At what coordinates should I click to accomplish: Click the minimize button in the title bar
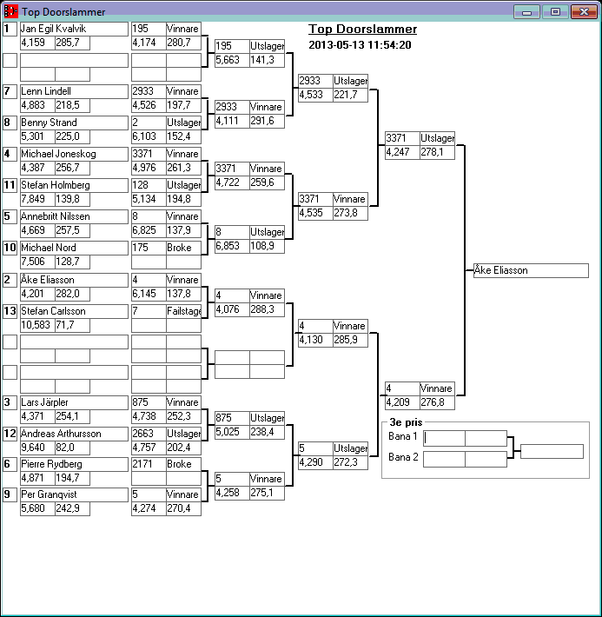click(526, 11)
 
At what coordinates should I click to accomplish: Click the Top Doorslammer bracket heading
click(362, 30)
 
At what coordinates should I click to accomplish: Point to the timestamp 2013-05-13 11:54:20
click(360, 45)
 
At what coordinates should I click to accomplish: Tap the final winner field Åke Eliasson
click(531, 270)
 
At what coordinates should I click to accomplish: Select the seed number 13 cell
click(10, 311)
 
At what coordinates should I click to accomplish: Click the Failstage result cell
click(183, 311)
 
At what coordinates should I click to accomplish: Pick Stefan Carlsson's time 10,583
click(37, 324)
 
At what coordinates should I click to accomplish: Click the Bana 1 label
click(403, 436)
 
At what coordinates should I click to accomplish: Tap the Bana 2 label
click(403, 457)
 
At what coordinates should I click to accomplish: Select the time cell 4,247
click(402, 152)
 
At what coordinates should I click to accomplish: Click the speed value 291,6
click(267, 121)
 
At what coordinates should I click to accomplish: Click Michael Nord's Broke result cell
click(183, 248)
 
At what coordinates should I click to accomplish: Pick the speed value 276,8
click(437, 402)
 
